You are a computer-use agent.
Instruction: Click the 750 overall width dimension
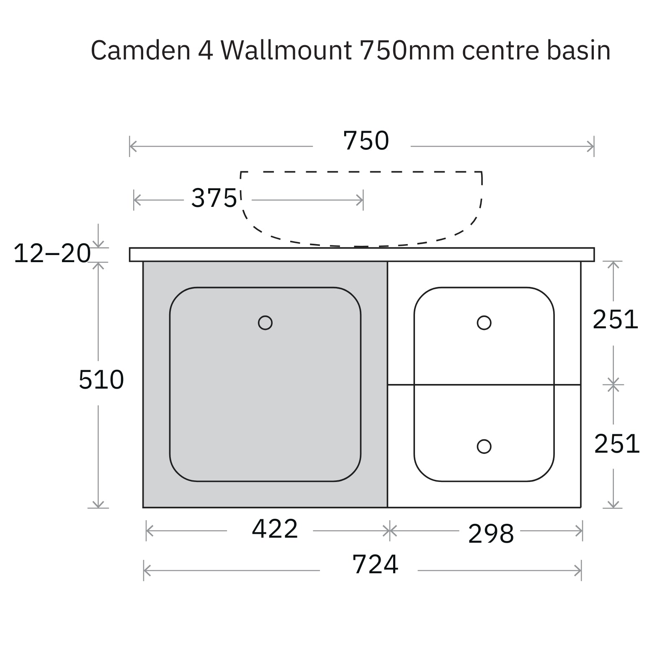(366, 141)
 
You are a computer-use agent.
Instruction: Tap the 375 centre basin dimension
(214, 198)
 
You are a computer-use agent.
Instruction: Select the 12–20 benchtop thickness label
(52, 254)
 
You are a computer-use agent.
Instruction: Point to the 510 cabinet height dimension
(101, 380)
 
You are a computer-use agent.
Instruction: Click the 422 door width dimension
(275, 529)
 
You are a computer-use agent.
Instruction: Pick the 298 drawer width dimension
(491, 533)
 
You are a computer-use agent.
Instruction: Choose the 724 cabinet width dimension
(375, 564)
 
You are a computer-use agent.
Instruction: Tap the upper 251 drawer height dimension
(615, 320)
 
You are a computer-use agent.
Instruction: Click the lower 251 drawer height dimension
(617, 444)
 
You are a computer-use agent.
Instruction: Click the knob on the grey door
(265, 323)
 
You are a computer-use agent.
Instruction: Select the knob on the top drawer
(484, 323)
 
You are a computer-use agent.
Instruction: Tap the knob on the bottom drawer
(484, 446)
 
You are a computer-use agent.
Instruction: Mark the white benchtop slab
(362, 255)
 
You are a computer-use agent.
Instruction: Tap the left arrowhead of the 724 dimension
(146, 570)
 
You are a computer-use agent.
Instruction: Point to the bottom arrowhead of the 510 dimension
(98, 505)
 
